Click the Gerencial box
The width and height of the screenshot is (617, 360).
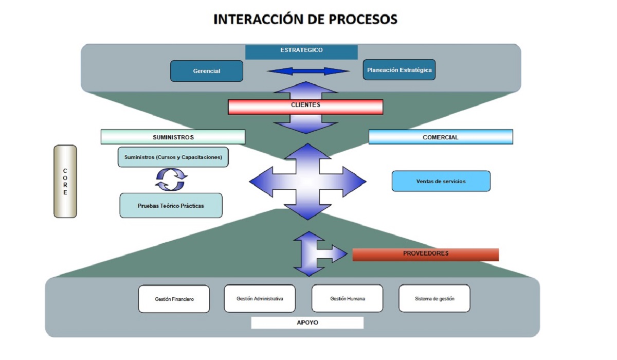(x=206, y=71)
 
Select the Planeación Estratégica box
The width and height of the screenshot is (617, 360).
(x=399, y=70)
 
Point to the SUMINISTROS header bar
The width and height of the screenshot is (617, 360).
(x=173, y=137)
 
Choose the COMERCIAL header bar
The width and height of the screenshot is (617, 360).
(x=441, y=137)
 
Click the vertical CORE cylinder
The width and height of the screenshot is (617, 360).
(x=65, y=181)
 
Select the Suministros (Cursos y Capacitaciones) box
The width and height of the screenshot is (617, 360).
(x=173, y=157)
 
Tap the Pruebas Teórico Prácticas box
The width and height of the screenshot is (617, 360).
(x=171, y=205)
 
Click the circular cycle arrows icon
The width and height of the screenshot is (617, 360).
(x=171, y=180)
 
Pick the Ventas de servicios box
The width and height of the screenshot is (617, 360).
(x=441, y=181)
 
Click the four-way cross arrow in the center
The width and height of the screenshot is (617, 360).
(x=307, y=181)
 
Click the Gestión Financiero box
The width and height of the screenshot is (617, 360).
(x=174, y=299)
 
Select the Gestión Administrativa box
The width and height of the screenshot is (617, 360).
(x=260, y=298)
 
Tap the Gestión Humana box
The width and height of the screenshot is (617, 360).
(x=347, y=298)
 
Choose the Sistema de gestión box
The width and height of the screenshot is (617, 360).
(x=434, y=298)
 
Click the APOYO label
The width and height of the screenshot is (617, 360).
(x=307, y=323)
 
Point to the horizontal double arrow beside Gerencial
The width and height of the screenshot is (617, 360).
(x=308, y=71)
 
